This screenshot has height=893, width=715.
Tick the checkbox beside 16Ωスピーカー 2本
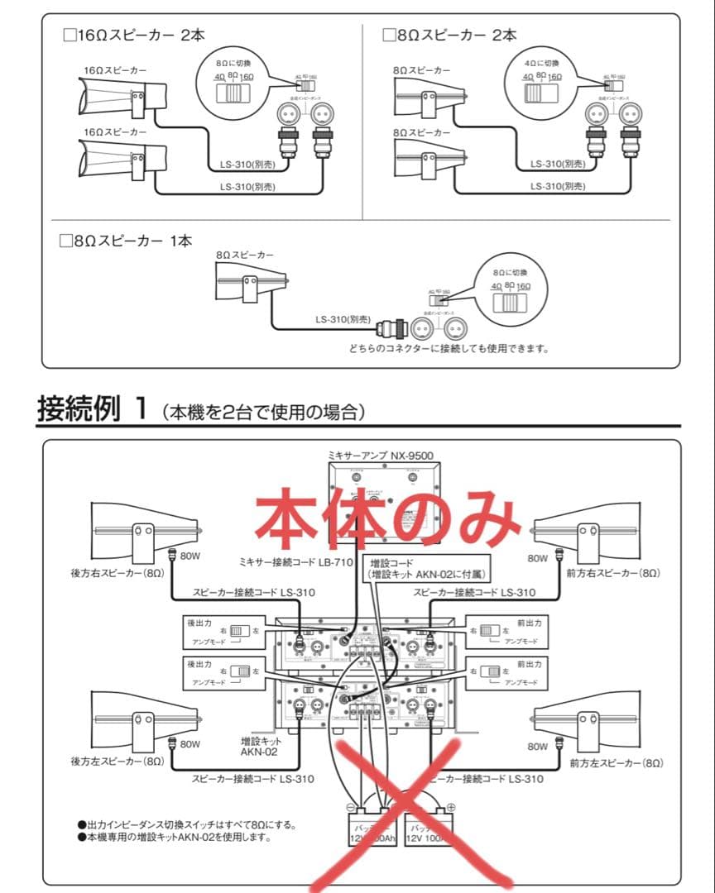(69, 36)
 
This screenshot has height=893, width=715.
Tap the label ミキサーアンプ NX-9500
(380, 455)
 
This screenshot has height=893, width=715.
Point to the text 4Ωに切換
(543, 63)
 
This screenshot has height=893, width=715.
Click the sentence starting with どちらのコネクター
(449, 348)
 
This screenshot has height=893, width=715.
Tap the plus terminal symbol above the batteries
(450, 807)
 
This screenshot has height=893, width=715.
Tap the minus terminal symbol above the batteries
(351, 807)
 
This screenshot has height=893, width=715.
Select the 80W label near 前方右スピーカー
(540, 558)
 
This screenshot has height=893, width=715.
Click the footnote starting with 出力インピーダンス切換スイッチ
(186, 824)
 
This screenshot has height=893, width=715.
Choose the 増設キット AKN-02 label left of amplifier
(259, 747)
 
